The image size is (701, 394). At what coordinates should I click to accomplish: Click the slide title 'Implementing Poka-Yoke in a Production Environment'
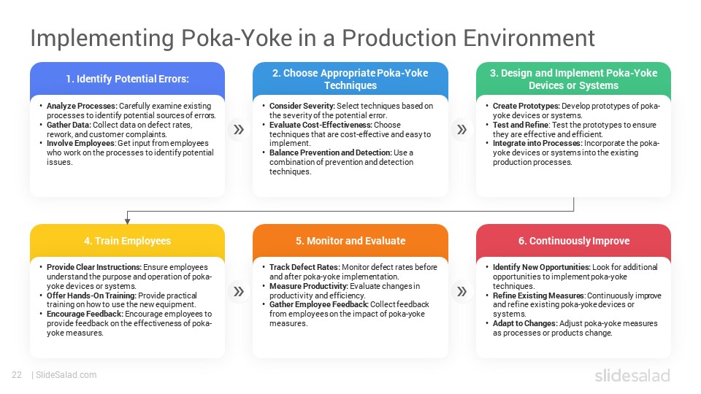point(312,37)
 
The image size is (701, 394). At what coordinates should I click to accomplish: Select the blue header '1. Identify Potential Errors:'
point(127,79)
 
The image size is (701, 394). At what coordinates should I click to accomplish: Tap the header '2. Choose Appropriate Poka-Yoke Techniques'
point(350,79)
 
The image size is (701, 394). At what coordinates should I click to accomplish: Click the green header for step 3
point(573,79)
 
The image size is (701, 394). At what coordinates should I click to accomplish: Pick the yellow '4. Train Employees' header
point(127,241)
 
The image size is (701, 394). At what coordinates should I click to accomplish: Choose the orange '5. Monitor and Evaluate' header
point(350,241)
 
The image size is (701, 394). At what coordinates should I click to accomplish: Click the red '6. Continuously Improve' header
point(573,241)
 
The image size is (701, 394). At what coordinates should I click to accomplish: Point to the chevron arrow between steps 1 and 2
point(238,130)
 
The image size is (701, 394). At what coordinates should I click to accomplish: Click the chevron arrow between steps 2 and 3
point(461,130)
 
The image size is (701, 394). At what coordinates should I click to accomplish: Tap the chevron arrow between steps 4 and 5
point(238,292)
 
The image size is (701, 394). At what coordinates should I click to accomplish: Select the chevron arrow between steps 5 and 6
point(461,292)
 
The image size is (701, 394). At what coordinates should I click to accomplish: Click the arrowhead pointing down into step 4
point(127,220)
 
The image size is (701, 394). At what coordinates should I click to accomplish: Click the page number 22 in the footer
point(16,375)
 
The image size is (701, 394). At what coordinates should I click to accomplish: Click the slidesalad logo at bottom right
point(632,376)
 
